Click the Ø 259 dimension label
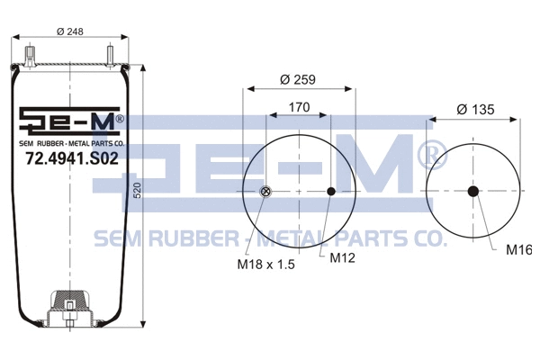(298, 80)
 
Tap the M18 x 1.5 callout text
(265, 265)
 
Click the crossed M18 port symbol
(265, 191)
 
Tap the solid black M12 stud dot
(331, 191)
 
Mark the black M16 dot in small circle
(473, 191)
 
